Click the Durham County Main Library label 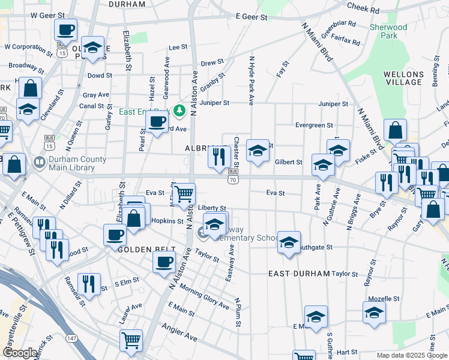[x=70, y=163]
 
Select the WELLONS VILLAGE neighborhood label [x=403, y=78]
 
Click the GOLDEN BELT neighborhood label [x=146, y=249]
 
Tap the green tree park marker [x=179, y=110]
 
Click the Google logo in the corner [x=20, y=353]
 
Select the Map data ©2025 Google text [x=412, y=355]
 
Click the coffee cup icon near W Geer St [x=66, y=29]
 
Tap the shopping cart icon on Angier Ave [x=131, y=341]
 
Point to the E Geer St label [x=252, y=17]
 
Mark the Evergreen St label [x=313, y=125]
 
